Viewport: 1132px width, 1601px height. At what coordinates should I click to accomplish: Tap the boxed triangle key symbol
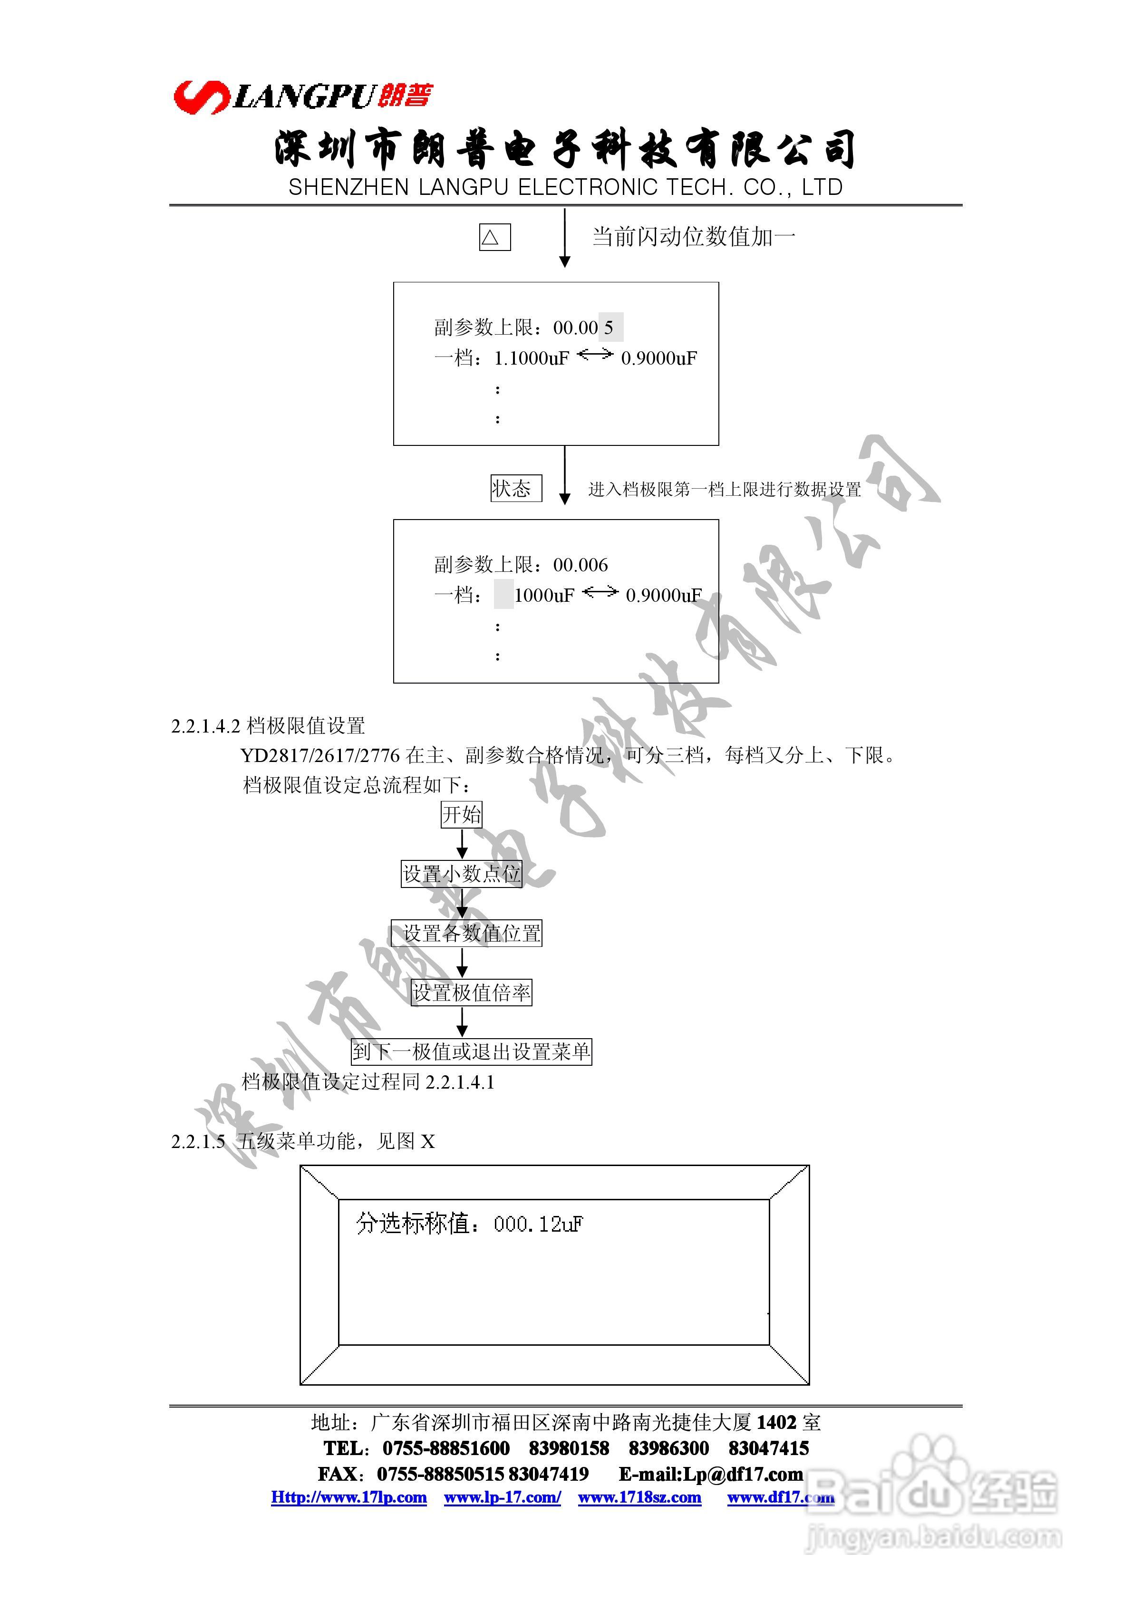pyautogui.click(x=494, y=237)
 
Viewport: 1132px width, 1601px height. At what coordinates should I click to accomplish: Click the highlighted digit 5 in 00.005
pyautogui.click(x=610, y=328)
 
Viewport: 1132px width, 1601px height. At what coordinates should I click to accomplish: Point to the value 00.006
pyautogui.click(x=581, y=565)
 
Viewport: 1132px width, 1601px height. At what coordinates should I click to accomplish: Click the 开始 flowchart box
pyautogui.click(x=461, y=814)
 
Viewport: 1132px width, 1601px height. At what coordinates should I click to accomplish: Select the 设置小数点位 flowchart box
pyautogui.click(x=461, y=873)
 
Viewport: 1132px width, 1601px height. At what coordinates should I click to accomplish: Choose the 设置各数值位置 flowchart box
pyautogui.click(x=466, y=933)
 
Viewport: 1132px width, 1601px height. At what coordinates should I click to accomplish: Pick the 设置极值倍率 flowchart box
pyautogui.click(x=472, y=992)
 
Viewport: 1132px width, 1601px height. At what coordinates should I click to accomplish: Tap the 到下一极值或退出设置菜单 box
pyautogui.click(x=471, y=1051)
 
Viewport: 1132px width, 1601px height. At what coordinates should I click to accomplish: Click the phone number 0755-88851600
pyautogui.click(x=445, y=1448)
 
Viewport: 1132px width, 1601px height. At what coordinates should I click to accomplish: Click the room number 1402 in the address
pyautogui.click(x=775, y=1422)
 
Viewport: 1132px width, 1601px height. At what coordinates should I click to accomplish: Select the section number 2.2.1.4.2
pyautogui.click(x=206, y=726)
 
